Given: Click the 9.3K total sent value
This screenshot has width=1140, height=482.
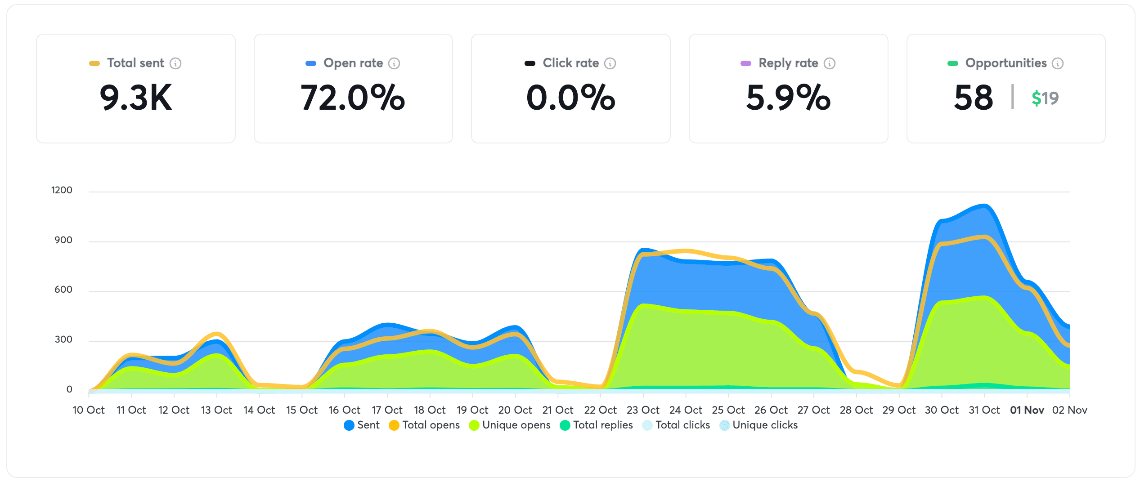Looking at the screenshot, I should pyautogui.click(x=135, y=98).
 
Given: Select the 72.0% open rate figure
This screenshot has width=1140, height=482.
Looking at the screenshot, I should pyautogui.click(x=353, y=98).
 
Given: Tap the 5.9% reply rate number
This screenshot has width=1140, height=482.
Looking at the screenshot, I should pyautogui.click(x=788, y=98).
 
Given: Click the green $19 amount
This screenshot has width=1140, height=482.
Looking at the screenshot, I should pyautogui.click(x=1045, y=98).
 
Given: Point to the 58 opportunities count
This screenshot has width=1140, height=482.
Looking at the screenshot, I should pyautogui.click(x=973, y=98).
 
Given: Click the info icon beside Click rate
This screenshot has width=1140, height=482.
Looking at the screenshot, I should pyautogui.click(x=610, y=63).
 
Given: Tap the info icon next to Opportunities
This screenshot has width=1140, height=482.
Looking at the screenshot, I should pyautogui.click(x=1058, y=63).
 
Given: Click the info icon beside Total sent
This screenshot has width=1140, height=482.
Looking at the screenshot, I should pyautogui.click(x=175, y=63).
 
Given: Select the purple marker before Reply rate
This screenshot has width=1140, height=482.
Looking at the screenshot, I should pyautogui.click(x=745, y=63).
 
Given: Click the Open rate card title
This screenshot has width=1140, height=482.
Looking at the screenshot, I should pyautogui.click(x=353, y=63).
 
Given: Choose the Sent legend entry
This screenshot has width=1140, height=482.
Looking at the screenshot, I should pyautogui.click(x=362, y=425).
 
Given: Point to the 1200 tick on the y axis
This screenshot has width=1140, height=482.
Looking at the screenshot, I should pyautogui.click(x=62, y=190).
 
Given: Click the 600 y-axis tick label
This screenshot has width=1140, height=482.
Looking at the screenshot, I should pyautogui.click(x=63, y=290).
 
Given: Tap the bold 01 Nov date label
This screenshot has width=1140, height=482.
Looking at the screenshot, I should pyautogui.click(x=1027, y=410).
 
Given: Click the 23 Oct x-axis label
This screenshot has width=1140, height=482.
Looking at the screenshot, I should pyautogui.click(x=643, y=410).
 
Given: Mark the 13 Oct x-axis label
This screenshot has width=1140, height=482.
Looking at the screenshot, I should pyautogui.click(x=216, y=410).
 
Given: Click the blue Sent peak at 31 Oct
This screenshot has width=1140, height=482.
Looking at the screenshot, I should pyautogui.click(x=984, y=206).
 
